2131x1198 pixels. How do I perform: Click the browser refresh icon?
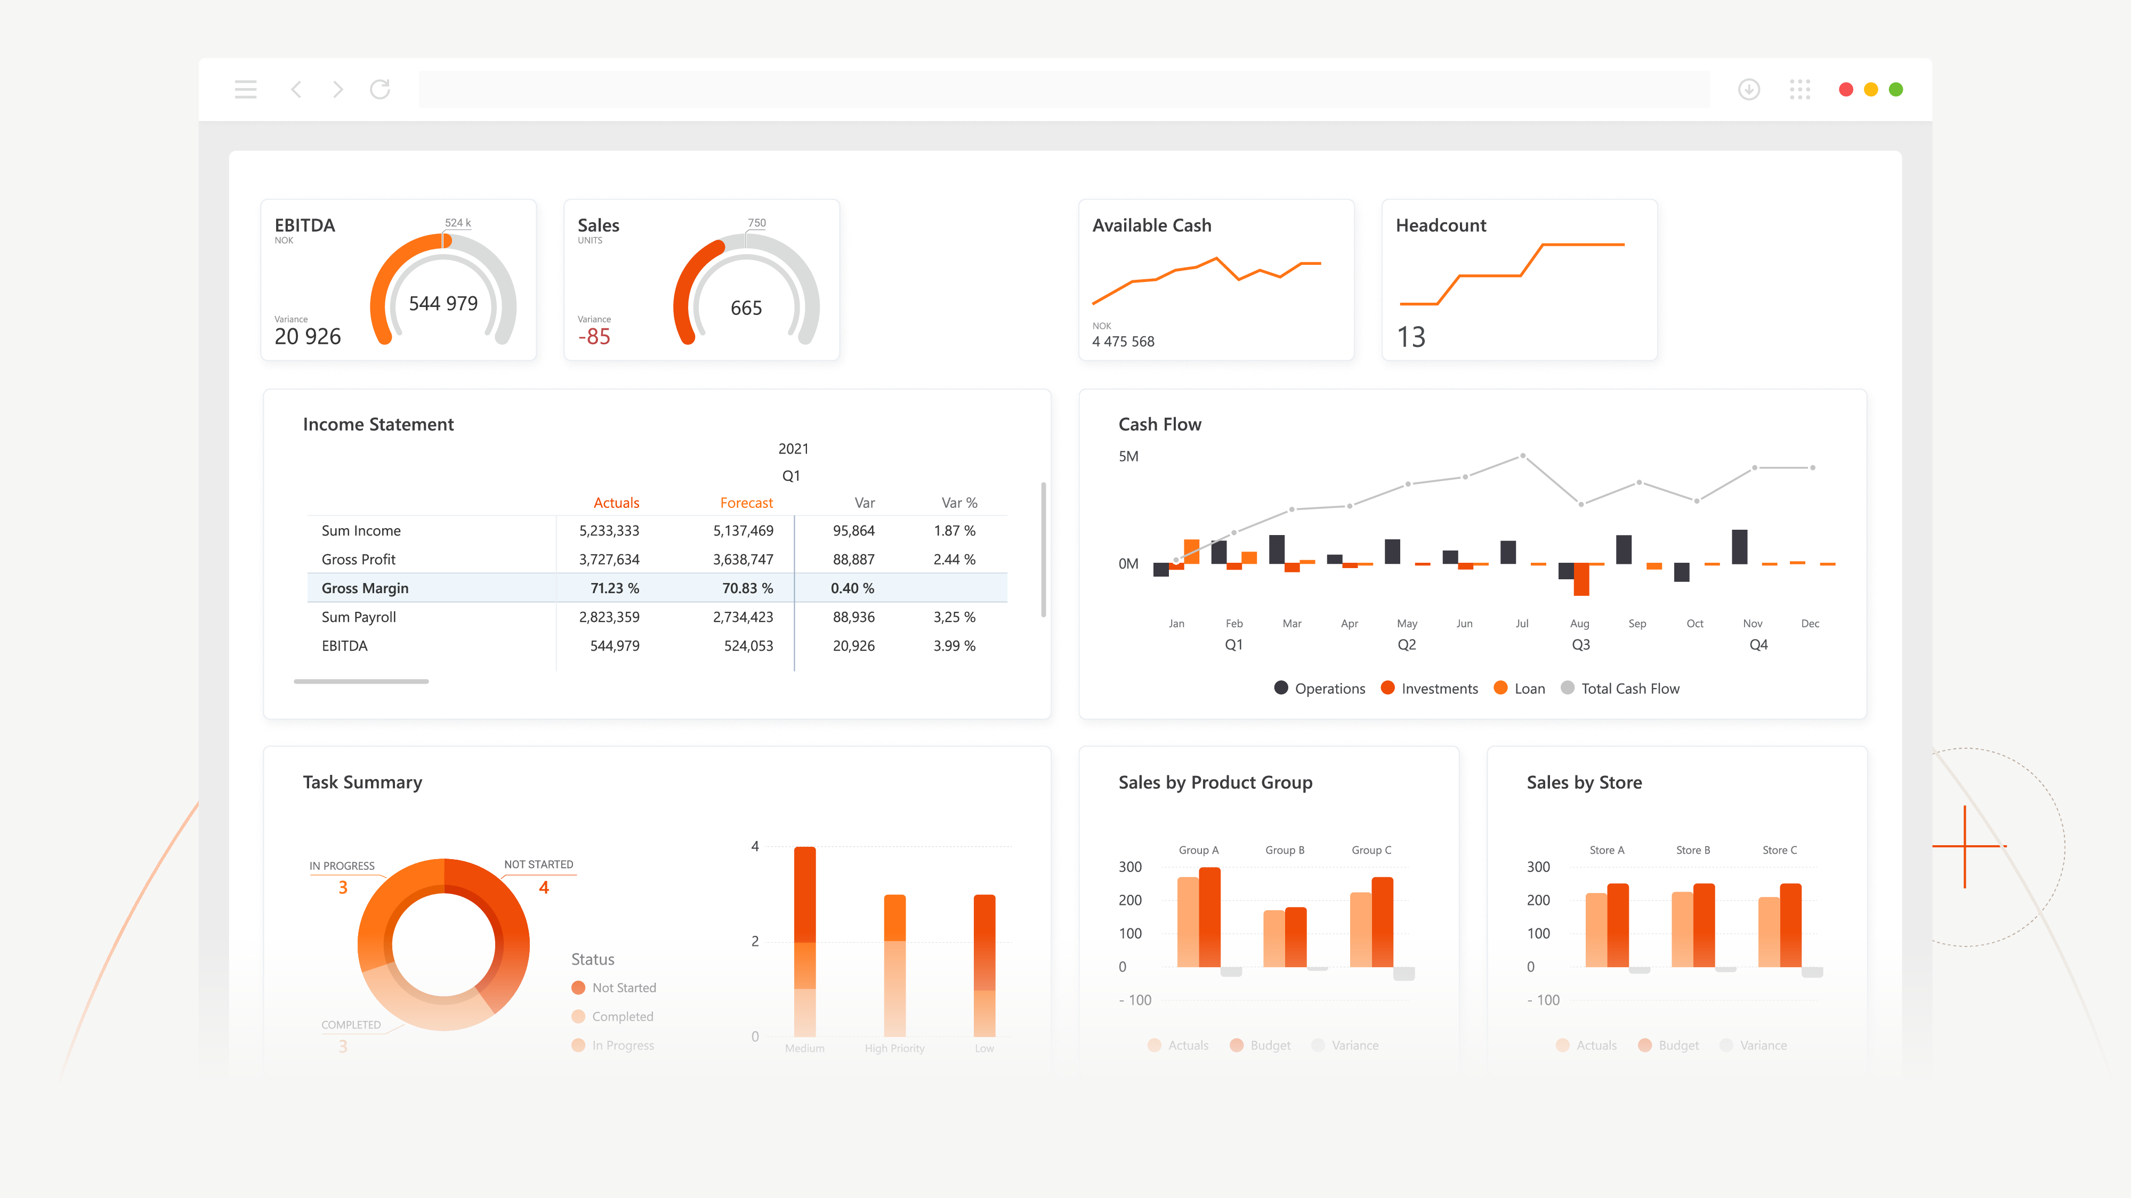point(380,90)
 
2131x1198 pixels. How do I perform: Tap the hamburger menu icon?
point(246,90)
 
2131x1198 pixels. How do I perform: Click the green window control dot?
point(1896,90)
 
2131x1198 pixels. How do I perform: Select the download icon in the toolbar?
point(1749,90)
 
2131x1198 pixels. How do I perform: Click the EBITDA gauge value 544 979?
point(443,304)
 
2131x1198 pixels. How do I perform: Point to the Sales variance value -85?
point(594,337)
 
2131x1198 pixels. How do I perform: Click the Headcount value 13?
point(1411,337)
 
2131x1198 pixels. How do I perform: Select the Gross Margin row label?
point(365,588)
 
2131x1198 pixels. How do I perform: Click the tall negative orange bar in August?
point(1581,579)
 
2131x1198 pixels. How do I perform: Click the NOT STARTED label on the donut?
point(538,864)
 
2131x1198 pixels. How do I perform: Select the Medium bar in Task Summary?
point(805,943)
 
